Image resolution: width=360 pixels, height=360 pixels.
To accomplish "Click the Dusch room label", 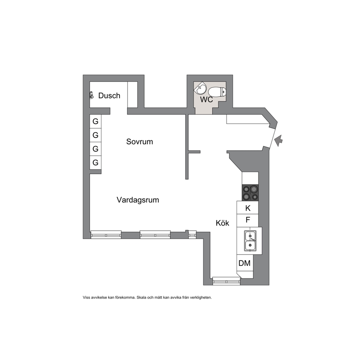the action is (x=109, y=95).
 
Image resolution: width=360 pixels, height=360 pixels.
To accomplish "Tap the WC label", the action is (x=206, y=100).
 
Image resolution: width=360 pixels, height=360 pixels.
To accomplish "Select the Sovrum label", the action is (x=140, y=142).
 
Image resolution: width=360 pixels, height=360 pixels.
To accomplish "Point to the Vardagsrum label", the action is (x=138, y=200).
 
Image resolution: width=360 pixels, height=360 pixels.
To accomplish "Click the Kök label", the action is (x=222, y=223).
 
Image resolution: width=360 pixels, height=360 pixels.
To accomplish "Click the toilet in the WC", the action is (x=217, y=91).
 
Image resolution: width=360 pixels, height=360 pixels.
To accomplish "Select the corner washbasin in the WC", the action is (x=200, y=88).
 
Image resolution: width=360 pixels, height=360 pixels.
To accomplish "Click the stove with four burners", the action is (x=250, y=193).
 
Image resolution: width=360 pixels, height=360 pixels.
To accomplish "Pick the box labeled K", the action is (x=248, y=208).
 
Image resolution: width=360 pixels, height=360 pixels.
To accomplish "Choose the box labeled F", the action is (x=248, y=220).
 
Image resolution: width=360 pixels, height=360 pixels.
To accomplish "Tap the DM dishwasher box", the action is (x=245, y=263).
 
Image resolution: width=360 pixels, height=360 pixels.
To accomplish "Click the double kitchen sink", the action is (x=250, y=241).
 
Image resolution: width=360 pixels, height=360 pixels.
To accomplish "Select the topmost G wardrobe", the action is (x=95, y=121).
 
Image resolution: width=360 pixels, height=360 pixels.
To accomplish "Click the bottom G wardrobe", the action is (x=95, y=163).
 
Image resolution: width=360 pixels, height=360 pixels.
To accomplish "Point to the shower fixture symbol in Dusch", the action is (x=91, y=95).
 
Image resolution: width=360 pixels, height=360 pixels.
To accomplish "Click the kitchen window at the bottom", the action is (x=226, y=281).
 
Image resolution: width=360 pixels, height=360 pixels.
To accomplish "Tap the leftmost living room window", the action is (x=106, y=234).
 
